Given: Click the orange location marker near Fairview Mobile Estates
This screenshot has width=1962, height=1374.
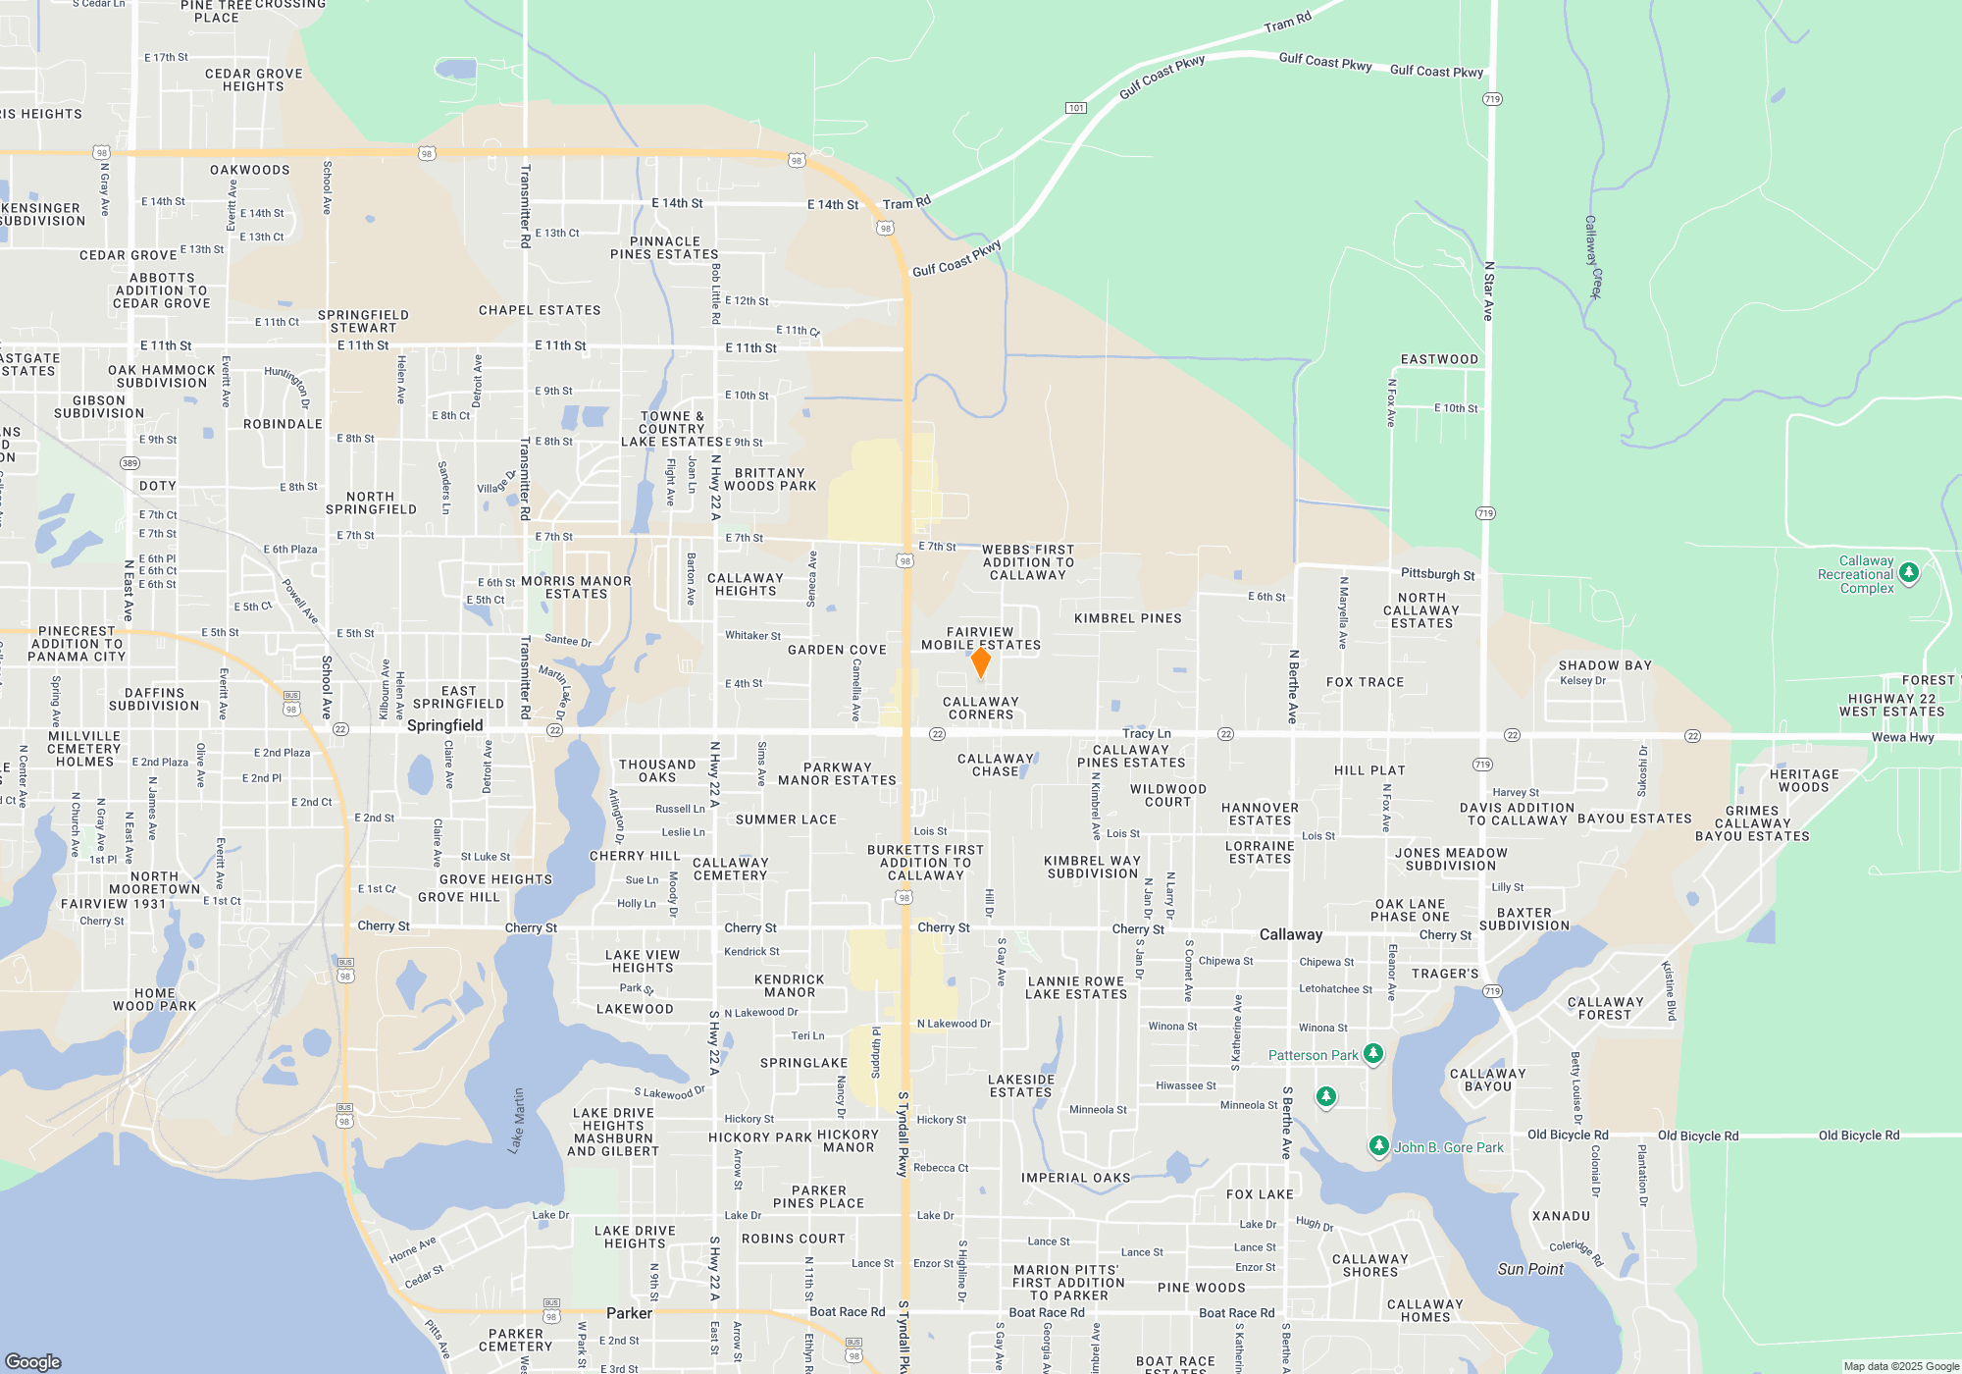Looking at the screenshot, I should (x=980, y=661).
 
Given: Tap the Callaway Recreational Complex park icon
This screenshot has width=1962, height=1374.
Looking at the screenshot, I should (x=1908, y=573).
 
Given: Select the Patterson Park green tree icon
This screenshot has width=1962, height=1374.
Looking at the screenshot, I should (x=1373, y=1054).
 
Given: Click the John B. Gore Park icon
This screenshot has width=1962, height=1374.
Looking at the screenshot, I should (x=1378, y=1145).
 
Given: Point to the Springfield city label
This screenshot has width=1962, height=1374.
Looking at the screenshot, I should (x=444, y=725).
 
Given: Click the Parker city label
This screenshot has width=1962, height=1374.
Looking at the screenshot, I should (x=629, y=1313).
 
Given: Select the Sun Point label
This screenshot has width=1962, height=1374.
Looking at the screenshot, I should (x=1530, y=1269).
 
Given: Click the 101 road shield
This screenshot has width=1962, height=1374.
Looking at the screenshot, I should (x=1076, y=108).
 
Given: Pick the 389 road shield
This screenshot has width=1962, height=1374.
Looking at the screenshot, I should (x=129, y=463).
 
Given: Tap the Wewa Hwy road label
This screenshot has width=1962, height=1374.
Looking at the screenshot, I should (x=1902, y=737).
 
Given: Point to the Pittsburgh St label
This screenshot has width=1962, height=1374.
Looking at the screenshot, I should (x=1437, y=574).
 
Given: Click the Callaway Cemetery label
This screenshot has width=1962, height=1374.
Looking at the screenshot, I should (x=730, y=869).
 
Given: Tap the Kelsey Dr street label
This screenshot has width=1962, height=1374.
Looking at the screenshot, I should (x=1582, y=680).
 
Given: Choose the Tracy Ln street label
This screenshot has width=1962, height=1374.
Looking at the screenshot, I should (x=1146, y=733).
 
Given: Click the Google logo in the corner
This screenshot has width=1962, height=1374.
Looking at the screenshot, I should (x=33, y=1361).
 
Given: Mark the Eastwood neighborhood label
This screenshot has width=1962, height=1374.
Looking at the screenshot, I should (x=1439, y=359).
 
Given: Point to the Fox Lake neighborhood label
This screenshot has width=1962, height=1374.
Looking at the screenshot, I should (x=1260, y=1194).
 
